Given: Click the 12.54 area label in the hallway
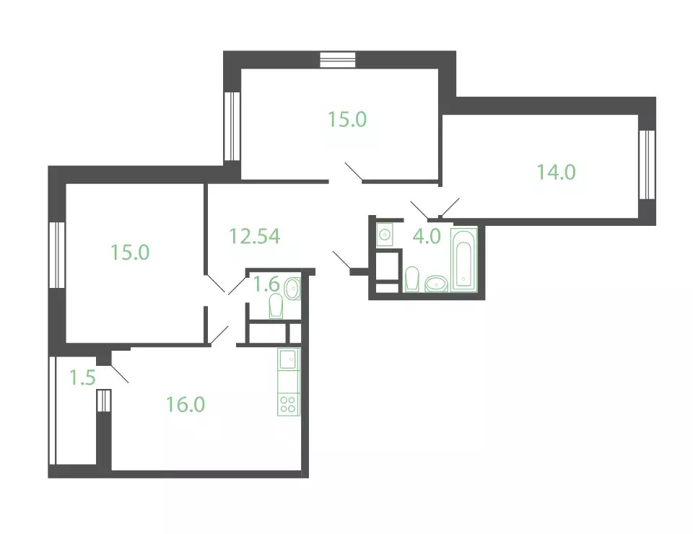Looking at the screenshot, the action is click(x=255, y=236).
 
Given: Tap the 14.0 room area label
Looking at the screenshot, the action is click(x=556, y=172).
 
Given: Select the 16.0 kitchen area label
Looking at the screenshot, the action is click(x=186, y=403).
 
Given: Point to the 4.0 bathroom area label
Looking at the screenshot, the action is click(x=427, y=236).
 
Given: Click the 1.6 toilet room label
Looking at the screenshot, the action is click(x=266, y=284).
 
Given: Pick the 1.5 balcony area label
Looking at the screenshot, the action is click(x=82, y=377).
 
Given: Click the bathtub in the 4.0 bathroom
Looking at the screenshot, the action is click(x=463, y=260).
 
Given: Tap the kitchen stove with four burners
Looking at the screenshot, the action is click(x=288, y=404).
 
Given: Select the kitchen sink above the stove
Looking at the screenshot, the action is click(x=288, y=359).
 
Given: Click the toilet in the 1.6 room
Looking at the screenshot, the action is click(x=276, y=306).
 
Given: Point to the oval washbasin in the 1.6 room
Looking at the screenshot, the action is click(x=292, y=289).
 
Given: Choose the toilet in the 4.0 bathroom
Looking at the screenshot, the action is click(x=412, y=279).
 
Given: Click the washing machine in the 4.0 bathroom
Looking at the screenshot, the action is click(x=385, y=235).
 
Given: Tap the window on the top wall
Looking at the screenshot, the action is click(x=338, y=60).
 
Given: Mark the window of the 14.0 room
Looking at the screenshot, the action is click(x=647, y=165).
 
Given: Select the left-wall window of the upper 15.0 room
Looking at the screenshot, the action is click(x=232, y=126).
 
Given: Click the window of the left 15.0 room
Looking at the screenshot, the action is click(x=57, y=255).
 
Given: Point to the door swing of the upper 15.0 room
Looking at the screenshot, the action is click(x=354, y=172).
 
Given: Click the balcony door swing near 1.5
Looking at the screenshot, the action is click(x=119, y=373).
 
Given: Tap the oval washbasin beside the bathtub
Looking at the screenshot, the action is click(x=437, y=283).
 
